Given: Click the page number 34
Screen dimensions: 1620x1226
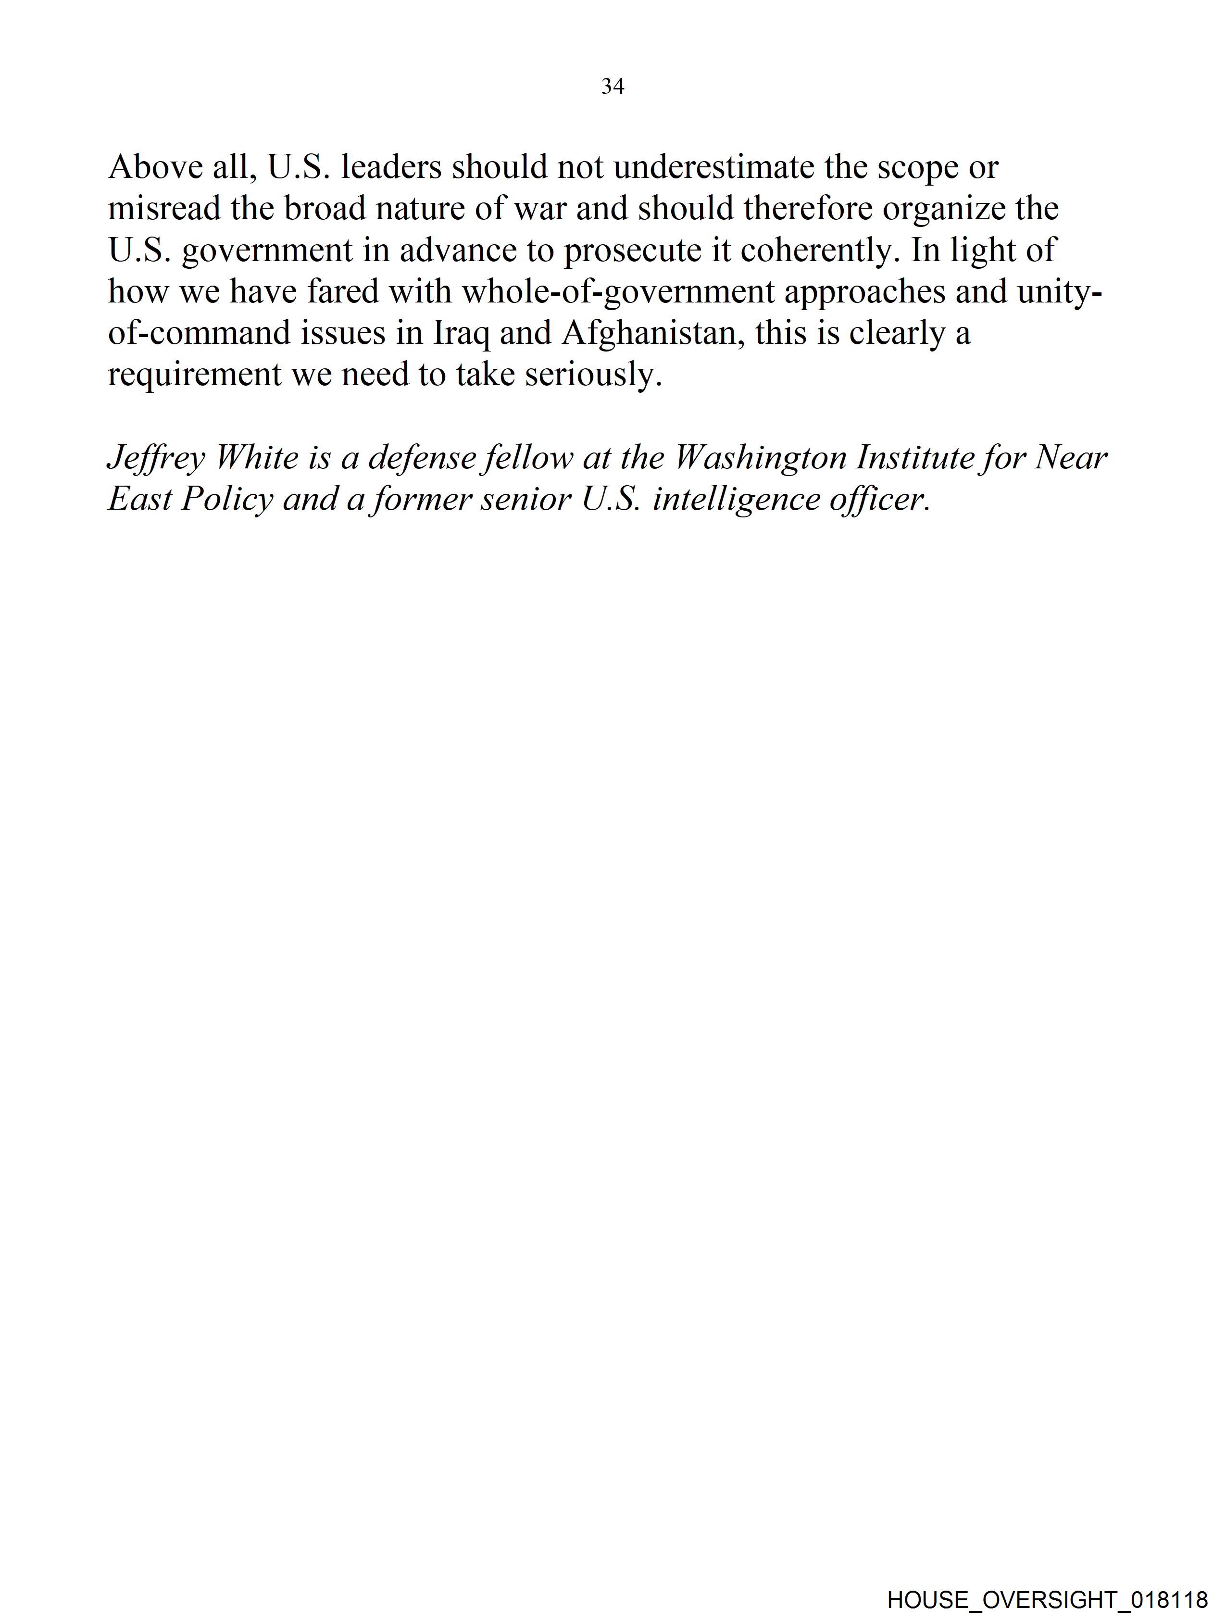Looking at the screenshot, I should point(612,87).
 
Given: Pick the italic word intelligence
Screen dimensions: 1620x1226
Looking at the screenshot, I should point(735,500).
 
